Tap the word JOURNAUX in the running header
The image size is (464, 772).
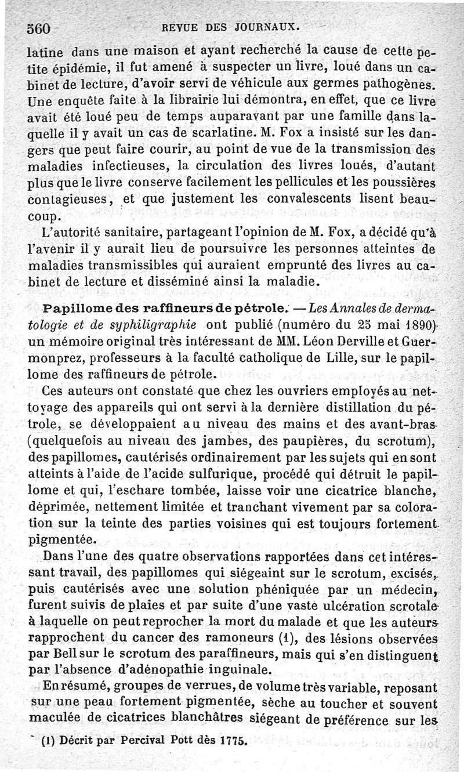click(x=273, y=26)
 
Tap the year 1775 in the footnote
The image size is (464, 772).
click(x=234, y=741)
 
